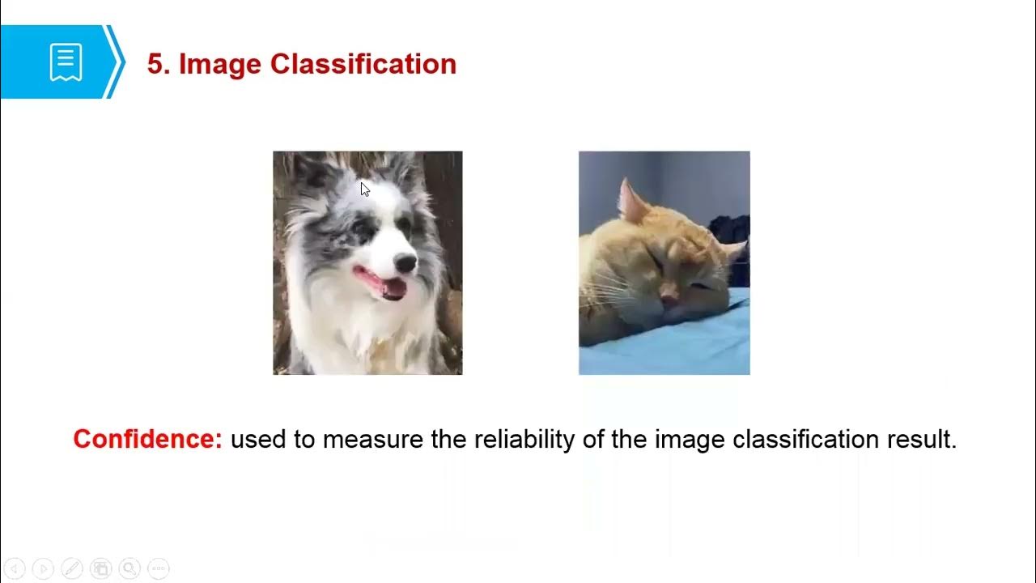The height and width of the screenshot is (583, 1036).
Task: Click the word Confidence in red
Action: click(x=146, y=439)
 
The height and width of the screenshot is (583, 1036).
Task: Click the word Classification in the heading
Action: click(x=363, y=64)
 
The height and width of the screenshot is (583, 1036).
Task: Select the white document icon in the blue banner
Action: click(x=66, y=62)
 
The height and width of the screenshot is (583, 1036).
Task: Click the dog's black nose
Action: click(x=405, y=262)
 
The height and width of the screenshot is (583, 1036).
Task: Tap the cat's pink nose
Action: click(x=669, y=299)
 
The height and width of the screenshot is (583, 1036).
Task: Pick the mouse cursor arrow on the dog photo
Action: click(x=364, y=189)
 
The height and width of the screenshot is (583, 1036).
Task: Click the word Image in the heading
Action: click(x=220, y=64)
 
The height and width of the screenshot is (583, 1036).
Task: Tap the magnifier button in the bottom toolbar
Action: click(x=129, y=568)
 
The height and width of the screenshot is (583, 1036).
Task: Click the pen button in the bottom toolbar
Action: click(x=71, y=568)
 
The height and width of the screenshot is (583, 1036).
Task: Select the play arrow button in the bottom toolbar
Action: click(x=43, y=568)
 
